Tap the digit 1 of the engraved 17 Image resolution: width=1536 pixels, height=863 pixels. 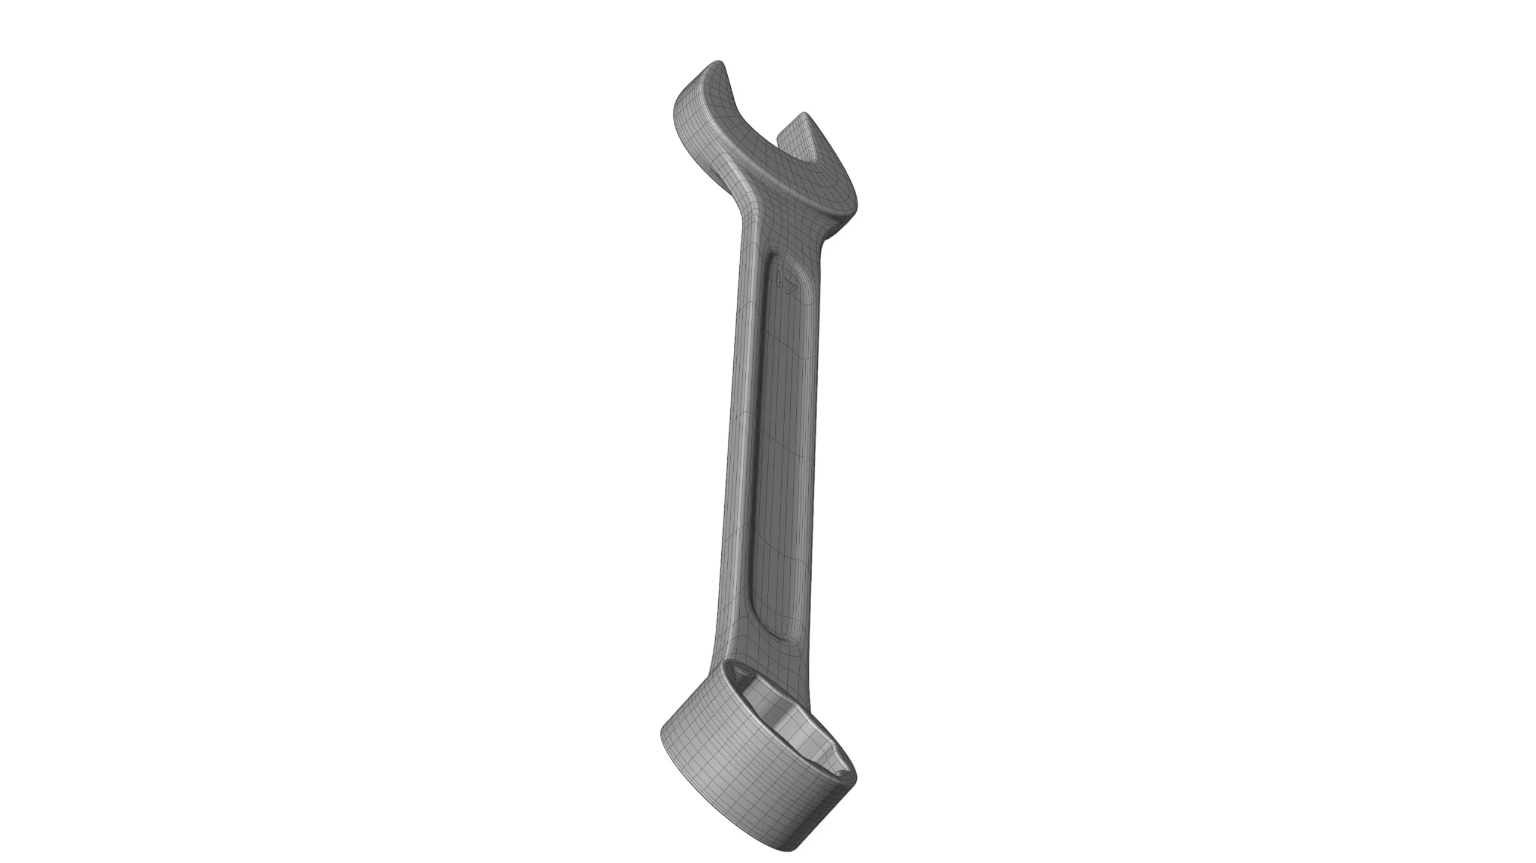(x=779, y=278)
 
